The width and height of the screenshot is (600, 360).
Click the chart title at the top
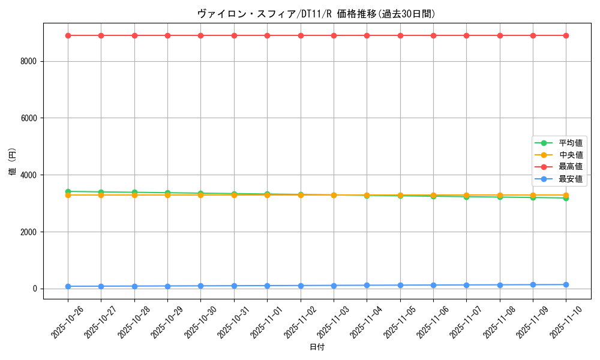(x=316, y=14)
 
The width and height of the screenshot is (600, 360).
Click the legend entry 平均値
(x=570, y=143)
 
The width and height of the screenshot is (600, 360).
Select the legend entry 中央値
(x=570, y=155)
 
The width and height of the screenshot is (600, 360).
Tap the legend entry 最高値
(x=570, y=167)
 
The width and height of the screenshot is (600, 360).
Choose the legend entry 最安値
(x=570, y=179)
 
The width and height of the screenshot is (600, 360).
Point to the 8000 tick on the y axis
(x=29, y=61)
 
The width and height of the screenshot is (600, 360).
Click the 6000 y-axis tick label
(x=29, y=118)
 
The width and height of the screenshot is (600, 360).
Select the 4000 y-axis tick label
(x=29, y=175)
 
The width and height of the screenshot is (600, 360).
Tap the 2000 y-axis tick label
(x=29, y=232)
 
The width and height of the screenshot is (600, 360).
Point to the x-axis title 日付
(x=316, y=347)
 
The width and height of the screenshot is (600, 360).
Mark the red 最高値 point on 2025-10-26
(x=68, y=35)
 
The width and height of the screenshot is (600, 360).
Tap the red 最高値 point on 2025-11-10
(x=566, y=35)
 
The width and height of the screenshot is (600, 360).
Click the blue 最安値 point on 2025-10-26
(x=68, y=286)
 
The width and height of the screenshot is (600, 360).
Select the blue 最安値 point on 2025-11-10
(x=566, y=284)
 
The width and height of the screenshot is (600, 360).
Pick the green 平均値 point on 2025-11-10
(x=566, y=198)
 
